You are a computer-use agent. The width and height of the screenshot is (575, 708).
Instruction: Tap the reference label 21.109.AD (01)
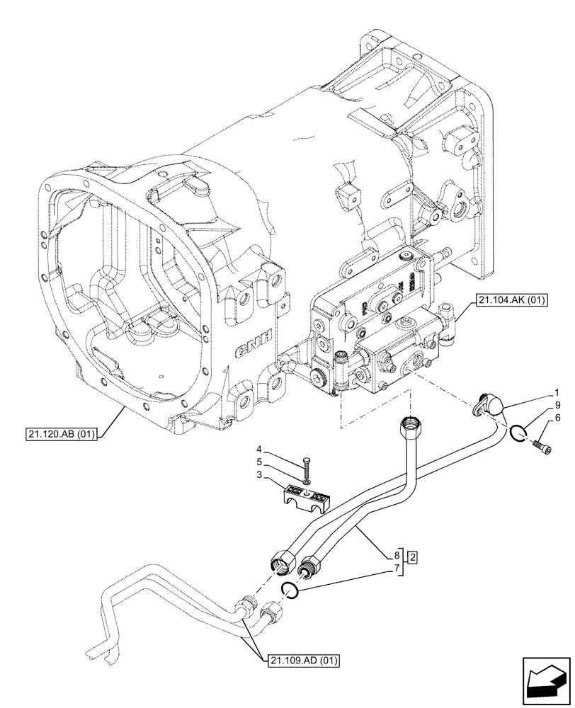click(304, 661)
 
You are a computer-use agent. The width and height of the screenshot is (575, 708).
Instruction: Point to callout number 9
click(558, 405)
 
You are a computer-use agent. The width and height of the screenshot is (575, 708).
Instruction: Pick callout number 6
click(558, 418)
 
